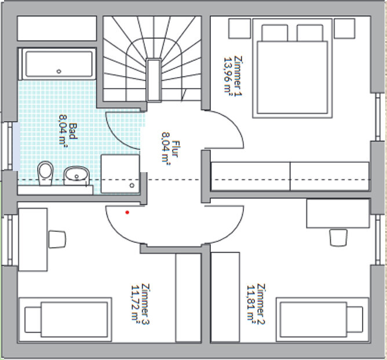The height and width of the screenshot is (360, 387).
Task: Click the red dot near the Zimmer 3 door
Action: click(127, 212)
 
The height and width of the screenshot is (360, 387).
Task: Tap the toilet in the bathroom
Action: click(45, 173)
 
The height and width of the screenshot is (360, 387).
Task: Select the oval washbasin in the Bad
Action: click(76, 176)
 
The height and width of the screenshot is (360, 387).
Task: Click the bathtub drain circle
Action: click(59, 71)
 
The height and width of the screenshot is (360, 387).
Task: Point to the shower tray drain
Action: click(132, 185)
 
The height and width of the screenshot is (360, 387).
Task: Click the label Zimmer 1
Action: click(238, 76)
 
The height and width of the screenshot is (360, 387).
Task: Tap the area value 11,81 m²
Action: click(251, 303)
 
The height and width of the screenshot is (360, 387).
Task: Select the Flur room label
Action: click(176, 149)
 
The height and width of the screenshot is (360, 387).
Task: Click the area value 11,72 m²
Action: click(136, 303)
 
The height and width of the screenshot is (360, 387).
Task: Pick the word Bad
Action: click(73, 131)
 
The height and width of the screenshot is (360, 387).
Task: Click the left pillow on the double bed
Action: click(275, 32)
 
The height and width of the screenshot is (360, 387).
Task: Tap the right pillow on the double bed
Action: click(310, 32)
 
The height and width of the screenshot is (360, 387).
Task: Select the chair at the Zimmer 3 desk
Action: click(57, 239)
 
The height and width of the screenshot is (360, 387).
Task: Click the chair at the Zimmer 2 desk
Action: click(338, 238)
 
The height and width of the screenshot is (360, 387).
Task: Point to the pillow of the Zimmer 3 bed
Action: click(33, 320)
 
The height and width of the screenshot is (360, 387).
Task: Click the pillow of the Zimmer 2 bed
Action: click(355, 319)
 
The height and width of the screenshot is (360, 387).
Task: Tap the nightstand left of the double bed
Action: click(240, 28)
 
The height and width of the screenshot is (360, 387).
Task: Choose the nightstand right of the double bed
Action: click(345, 28)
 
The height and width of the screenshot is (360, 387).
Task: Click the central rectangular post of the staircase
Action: click(154, 80)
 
